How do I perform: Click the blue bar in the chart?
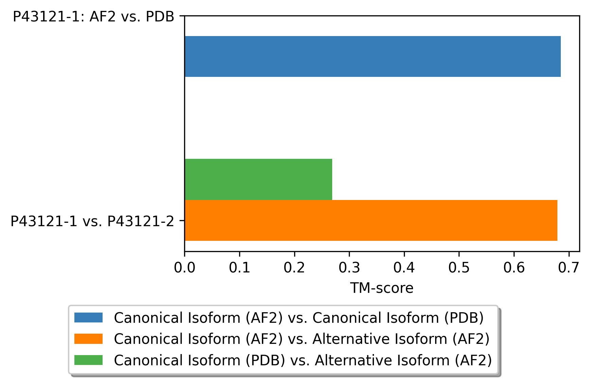click(373, 56)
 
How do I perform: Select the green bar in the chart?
click(258, 179)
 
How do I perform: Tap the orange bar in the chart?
click(371, 220)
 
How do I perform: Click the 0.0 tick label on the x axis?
click(184, 268)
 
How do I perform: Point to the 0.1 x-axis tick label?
click(239, 268)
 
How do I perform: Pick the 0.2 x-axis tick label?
click(294, 268)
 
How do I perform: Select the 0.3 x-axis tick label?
click(349, 268)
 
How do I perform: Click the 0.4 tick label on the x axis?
click(404, 268)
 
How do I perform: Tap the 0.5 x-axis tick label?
click(459, 268)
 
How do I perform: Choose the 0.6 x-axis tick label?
click(514, 268)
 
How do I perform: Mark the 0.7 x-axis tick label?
click(569, 268)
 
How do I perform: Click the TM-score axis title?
click(382, 288)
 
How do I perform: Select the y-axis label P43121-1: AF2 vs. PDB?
click(93, 17)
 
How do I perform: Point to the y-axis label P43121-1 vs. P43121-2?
click(92, 221)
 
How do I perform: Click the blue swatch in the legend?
click(88, 318)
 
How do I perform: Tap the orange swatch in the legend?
click(88, 339)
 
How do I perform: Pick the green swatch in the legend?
click(88, 360)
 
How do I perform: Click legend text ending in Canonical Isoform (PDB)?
click(299, 318)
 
